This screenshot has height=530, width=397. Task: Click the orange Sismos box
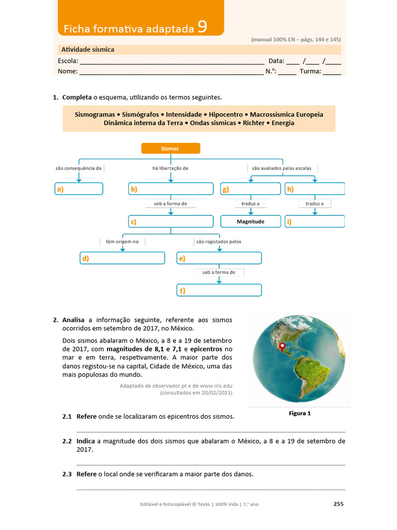(171, 149)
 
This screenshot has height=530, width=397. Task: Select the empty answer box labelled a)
(79, 189)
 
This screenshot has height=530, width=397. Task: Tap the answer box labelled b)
(171, 189)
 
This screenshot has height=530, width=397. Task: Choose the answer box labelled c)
(171, 222)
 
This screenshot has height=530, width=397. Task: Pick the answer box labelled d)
(122, 258)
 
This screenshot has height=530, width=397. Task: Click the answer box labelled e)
(219, 258)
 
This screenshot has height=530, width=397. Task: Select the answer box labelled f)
(219, 290)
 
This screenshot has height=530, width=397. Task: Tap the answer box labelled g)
(250, 189)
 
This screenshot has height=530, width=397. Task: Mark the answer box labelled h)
(314, 189)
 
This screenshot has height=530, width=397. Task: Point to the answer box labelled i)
(314, 222)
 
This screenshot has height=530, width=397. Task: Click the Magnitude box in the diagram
(250, 222)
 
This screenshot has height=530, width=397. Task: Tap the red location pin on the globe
(282, 346)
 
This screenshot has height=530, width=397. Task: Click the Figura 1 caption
(299, 414)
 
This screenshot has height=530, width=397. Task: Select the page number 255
(338, 504)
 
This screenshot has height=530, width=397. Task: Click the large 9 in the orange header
(203, 27)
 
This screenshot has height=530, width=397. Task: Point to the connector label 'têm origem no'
(123, 241)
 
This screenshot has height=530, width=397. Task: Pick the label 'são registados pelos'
(219, 241)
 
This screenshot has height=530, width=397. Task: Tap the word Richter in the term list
(254, 123)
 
